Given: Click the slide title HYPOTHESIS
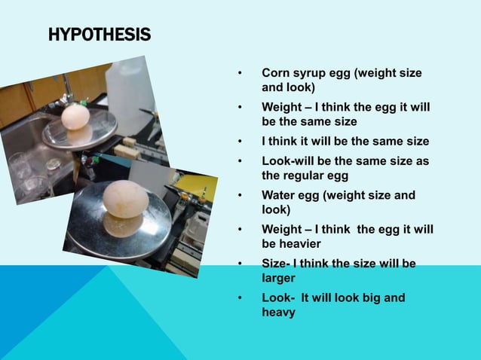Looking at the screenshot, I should [99, 35].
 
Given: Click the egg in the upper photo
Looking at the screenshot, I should [75, 117].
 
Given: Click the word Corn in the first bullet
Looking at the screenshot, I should [276, 73].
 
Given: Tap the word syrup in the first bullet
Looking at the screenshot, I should [312, 73].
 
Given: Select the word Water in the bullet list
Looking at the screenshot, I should [279, 195].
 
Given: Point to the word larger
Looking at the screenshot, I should [279, 277].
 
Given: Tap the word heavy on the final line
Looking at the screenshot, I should [278, 311].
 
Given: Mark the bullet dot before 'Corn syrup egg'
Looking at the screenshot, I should [240, 74].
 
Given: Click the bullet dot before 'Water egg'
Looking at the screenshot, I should [240, 196].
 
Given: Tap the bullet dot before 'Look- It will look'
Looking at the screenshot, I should [240, 298].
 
